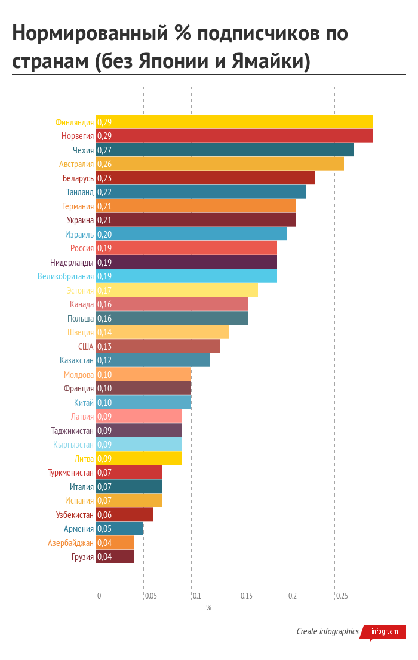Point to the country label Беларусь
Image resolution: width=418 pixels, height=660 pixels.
[x=78, y=178]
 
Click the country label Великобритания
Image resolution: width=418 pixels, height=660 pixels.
[x=66, y=276]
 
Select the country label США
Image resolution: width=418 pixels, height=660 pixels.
[x=86, y=347]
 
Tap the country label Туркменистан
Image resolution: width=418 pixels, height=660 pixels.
[x=70, y=473]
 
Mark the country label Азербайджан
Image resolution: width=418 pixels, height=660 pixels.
[x=70, y=543]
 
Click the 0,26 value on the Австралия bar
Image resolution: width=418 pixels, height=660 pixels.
[x=105, y=164]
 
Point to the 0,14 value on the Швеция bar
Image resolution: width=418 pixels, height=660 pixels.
[x=105, y=332]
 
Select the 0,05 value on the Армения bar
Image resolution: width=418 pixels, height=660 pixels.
[x=105, y=529]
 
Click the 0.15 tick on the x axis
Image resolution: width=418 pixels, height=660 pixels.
[x=247, y=596]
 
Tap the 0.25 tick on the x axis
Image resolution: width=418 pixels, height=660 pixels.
[x=342, y=596]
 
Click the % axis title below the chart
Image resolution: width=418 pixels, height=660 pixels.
[x=208, y=608]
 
